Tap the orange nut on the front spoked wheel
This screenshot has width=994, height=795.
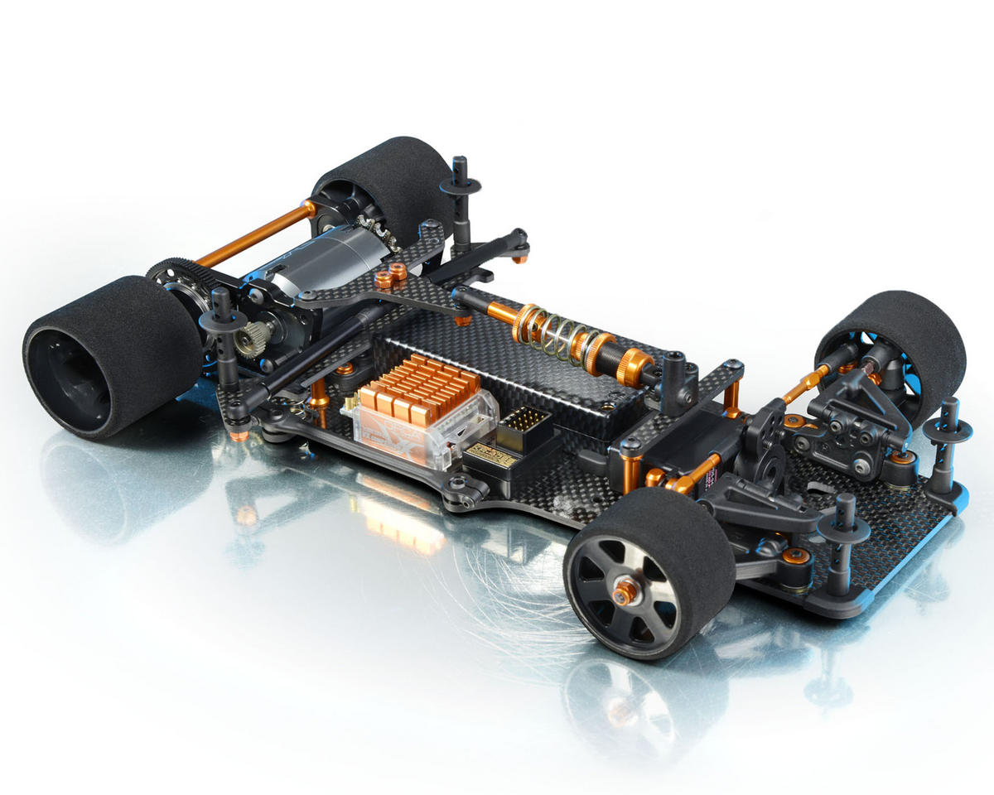(627, 590)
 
